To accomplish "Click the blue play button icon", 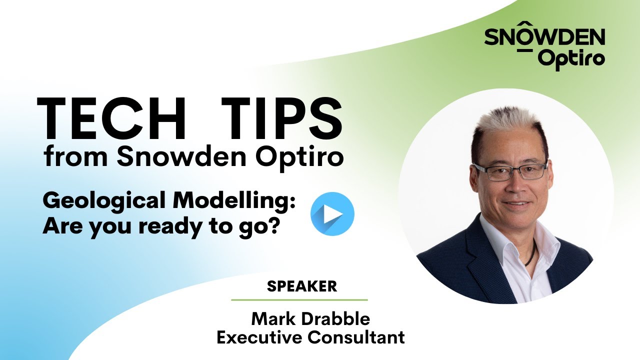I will point(332,213).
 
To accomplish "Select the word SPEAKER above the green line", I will point(302,286).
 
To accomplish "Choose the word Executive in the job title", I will point(260,337).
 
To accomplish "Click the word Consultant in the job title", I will point(356,337).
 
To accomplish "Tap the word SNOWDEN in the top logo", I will point(544,36).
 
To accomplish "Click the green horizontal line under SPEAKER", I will point(299,300).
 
